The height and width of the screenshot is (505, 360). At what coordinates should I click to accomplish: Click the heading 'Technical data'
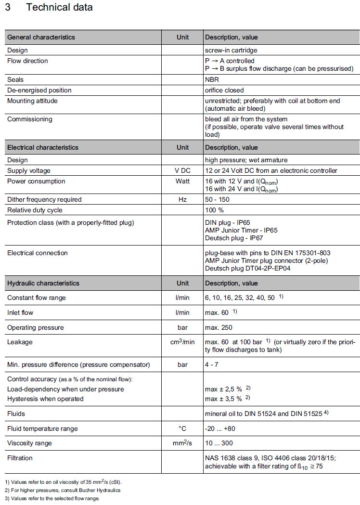click(60, 8)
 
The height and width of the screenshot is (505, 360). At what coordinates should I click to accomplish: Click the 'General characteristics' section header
click(41, 37)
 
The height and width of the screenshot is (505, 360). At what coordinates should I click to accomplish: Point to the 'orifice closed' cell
click(224, 90)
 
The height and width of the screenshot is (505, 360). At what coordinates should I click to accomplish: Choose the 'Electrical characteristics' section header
click(42, 147)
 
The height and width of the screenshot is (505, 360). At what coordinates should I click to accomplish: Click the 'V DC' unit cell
click(182, 170)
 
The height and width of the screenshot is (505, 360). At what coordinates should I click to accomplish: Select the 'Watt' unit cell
click(182, 181)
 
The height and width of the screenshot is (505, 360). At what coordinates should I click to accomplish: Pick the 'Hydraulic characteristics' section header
click(43, 283)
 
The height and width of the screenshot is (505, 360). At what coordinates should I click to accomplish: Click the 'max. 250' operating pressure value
click(219, 327)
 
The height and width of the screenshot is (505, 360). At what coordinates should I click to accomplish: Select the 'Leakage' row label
click(19, 342)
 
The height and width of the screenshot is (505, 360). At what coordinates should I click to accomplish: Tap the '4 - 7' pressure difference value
click(212, 364)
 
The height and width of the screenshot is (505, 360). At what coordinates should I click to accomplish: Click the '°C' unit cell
click(182, 428)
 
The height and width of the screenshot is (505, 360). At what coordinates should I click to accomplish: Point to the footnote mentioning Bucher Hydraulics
click(63, 490)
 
